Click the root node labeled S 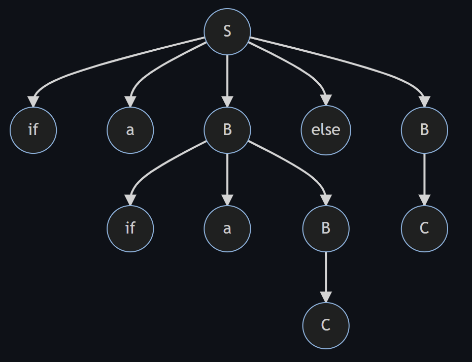point(227,31)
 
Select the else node point(325,130)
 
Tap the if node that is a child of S point(33,130)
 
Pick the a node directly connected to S point(130,130)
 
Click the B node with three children point(227,130)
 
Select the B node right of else point(424,130)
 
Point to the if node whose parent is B point(130,228)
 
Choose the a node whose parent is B point(227,228)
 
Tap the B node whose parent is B point(325,228)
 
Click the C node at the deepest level point(325,325)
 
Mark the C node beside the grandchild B point(424,228)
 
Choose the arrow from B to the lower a point(227,178)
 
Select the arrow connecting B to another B point(299,165)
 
